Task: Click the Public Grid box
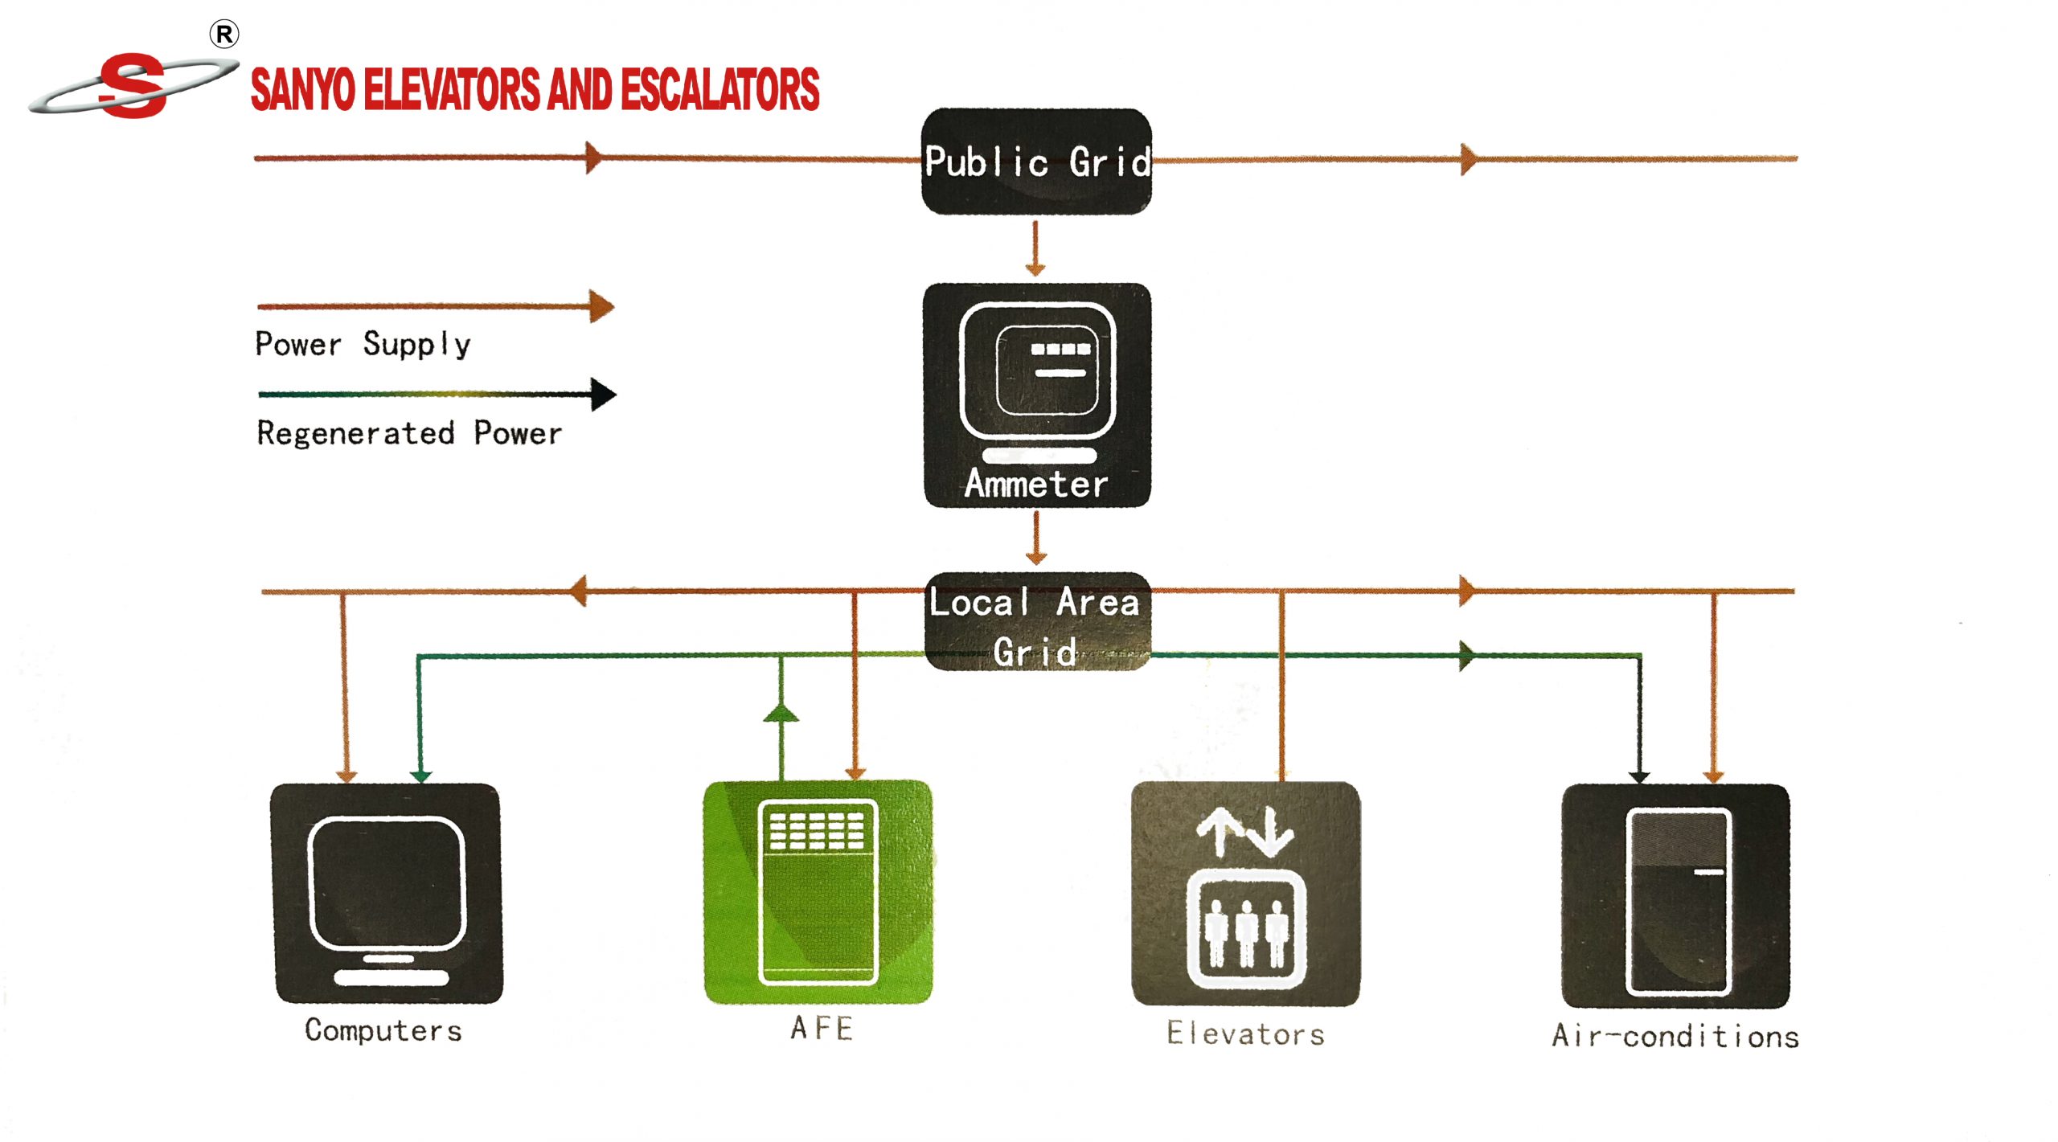coord(1035,162)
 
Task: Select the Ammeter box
coord(1036,395)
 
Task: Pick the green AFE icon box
coord(818,892)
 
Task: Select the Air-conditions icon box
coord(1675,895)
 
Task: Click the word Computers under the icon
coord(383,1031)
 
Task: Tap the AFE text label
coord(821,1029)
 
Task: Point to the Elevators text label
coord(1245,1034)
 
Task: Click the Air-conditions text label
coord(1675,1036)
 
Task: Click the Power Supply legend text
coord(363,344)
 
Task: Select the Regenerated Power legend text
coord(409,433)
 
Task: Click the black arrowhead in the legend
coord(603,394)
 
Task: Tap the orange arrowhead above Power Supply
coord(601,306)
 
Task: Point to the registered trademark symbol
coord(224,35)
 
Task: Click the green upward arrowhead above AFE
coord(781,713)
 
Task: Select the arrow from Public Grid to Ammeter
coord(1035,249)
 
